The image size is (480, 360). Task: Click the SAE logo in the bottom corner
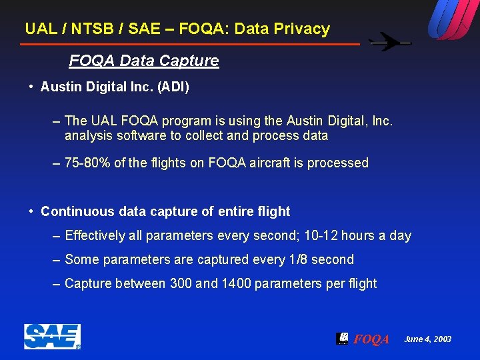pos(52,337)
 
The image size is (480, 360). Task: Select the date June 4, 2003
pos(427,339)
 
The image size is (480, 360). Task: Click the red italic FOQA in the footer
pos(371,339)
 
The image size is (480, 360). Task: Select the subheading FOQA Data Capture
pos(143,61)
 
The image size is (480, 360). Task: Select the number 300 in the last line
pos(181,284)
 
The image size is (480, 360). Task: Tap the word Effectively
pos(95,236)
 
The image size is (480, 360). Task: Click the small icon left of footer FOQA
pos(342,339)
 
